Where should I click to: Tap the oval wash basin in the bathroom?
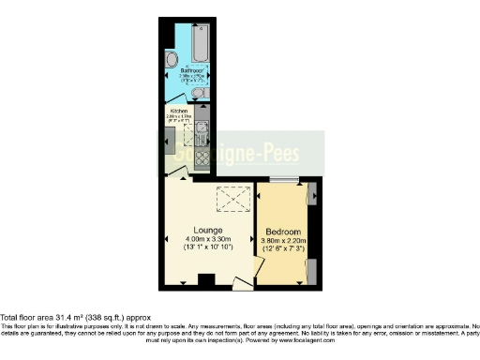[171, 59]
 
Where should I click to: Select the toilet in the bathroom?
[197, 94]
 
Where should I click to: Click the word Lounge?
[206, 230]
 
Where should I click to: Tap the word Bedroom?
[283, 232]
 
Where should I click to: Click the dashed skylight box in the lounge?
[229, 199]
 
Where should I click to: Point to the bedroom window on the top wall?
[284, 179]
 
